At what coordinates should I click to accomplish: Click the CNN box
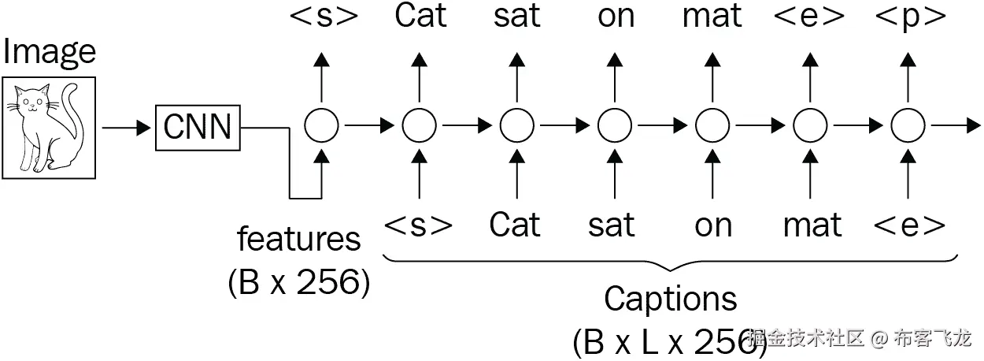[198, 125]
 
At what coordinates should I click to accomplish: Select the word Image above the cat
[49, 52]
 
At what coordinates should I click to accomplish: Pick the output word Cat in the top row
[420, 17]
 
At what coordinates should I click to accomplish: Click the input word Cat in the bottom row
[516, 225]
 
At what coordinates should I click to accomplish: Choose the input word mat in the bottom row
[812, 225]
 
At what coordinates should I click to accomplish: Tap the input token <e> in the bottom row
[909, 226]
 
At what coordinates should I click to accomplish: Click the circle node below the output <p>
[908, 125]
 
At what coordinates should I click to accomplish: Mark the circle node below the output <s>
[321, 125]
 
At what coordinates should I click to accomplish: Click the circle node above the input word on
[712, 125]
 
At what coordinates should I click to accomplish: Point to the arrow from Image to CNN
[126, 126]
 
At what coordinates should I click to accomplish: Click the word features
[298, 239]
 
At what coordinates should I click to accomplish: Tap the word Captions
[670, 300]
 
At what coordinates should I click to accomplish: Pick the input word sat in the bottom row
[612, 225]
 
